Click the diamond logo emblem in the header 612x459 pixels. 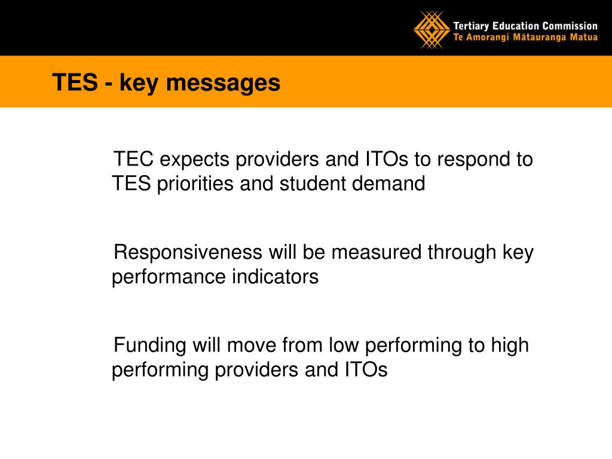(432, 30)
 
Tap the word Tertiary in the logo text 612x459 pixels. (471, 26)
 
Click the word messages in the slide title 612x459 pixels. (224, 83)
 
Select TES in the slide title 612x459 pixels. (75, 82)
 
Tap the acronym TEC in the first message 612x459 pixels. (133, 159)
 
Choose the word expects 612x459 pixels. (194, 161)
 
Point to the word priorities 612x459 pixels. (195, 184)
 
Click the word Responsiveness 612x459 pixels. (188, 253)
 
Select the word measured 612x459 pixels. (377, 252)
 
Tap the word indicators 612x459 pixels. (275, 277)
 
